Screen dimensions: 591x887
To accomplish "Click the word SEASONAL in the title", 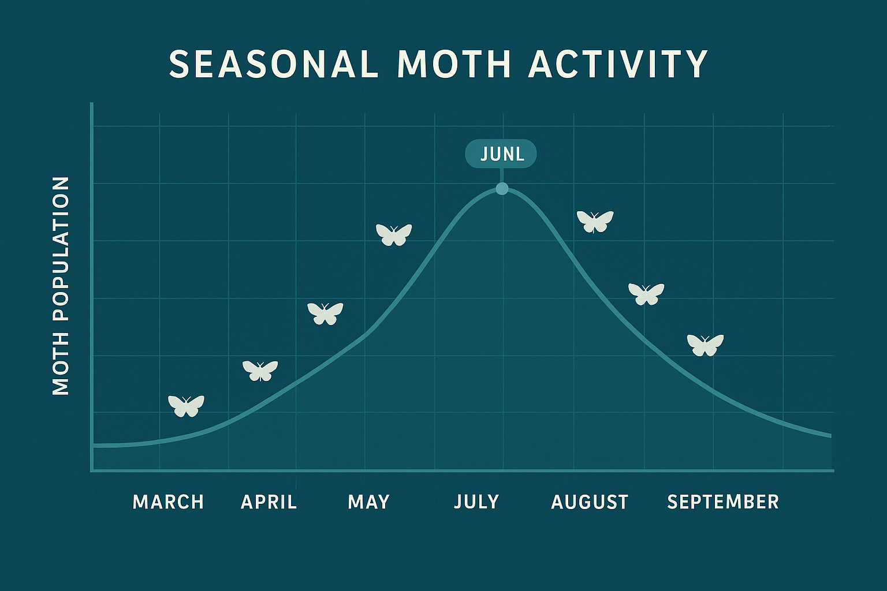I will pos(273,63).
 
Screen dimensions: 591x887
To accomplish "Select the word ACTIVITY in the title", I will pos(618,63).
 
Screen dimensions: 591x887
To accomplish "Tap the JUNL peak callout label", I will pos(501,154).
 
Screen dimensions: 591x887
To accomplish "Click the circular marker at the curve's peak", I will pos(502,188).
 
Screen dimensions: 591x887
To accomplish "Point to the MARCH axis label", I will pos(168,502).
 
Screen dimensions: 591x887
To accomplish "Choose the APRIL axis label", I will pos(269,502).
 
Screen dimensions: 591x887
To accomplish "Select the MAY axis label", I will pos(368,502).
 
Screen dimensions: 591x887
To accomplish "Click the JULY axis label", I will pos(476,502).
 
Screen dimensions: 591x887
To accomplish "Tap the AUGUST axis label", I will pos(589,502).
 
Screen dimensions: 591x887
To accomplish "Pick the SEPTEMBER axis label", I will pos(722,502).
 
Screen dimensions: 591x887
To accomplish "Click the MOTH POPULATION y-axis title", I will pos(61,286).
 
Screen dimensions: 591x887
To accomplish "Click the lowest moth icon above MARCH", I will pos(186,405).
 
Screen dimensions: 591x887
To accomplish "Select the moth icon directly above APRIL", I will pos(260,370).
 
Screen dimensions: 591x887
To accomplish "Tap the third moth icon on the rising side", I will pos(325,313).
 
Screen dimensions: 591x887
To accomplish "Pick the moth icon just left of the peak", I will pos(394,234).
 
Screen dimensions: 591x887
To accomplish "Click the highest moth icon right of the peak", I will pos(595,221).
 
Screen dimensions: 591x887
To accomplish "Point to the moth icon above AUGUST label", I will pos(646,294).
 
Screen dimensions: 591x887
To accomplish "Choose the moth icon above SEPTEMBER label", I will pos(705,345).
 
